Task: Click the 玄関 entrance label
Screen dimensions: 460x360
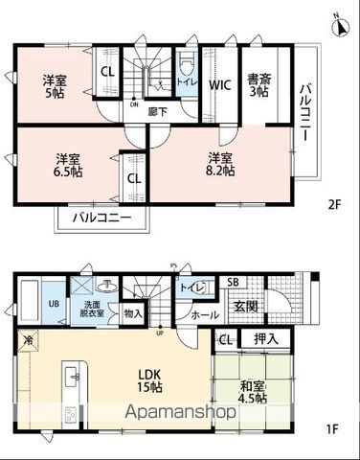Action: click(x=245, y=306)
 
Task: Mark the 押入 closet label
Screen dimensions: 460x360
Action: click(x=265, y=338)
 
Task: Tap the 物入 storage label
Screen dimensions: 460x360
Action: click(x=134, y=313)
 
